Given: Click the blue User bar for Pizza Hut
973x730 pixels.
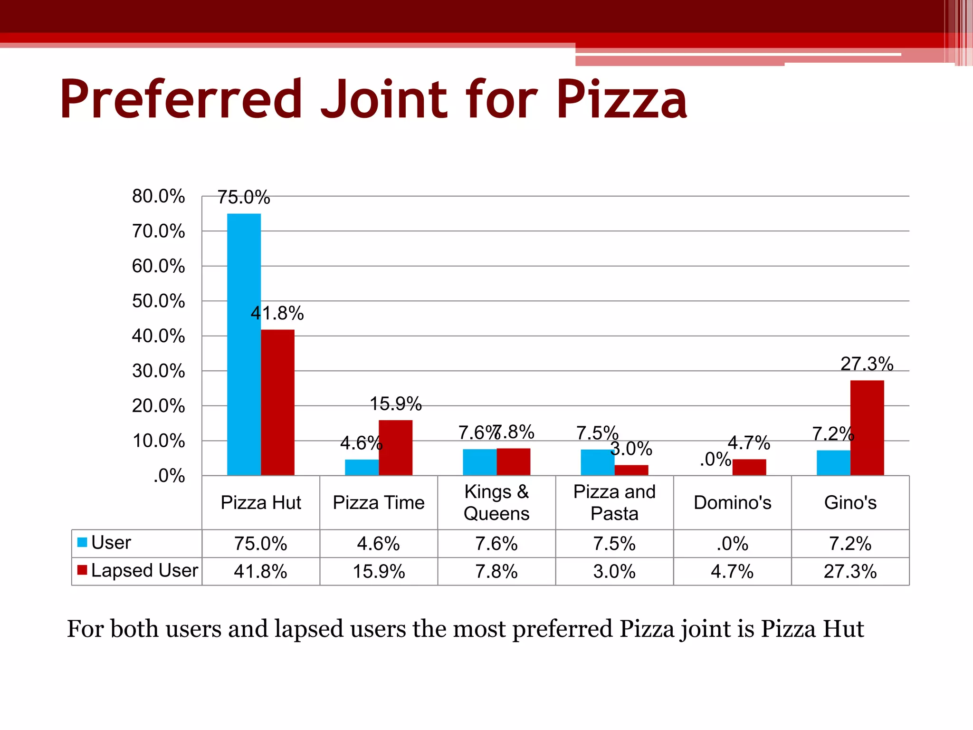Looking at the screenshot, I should coord(244,344).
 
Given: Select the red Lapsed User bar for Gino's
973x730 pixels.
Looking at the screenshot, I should coord(867,427).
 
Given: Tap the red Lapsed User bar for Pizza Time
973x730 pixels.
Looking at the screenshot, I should coord(395,447).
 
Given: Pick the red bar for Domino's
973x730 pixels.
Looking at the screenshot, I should coord(749,467).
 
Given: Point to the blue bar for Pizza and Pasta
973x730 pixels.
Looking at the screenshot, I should coord(597,462).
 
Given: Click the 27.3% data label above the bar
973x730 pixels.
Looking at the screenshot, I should coord(867,364).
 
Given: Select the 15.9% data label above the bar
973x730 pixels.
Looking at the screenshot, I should coord(395,404).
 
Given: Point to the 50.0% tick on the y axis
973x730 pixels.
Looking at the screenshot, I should coord(158,301).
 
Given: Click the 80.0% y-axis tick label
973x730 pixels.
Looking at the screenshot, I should coord(158,196).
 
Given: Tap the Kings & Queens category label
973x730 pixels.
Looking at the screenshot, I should coord(496,502).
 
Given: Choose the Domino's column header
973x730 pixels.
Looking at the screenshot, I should coord(732,502).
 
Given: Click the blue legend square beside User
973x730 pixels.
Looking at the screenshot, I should coord(82,542).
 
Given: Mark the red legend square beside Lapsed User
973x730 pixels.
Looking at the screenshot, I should coord(82,570).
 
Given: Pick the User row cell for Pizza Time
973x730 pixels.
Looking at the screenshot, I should coord(378,544).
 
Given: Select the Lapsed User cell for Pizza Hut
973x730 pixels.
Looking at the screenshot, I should coord(260,571).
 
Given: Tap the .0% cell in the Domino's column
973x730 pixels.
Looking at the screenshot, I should coord(732,544).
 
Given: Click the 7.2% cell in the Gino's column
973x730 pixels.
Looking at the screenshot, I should coord(850,544).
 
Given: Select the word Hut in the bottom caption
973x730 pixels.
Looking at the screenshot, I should coord(843,629).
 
